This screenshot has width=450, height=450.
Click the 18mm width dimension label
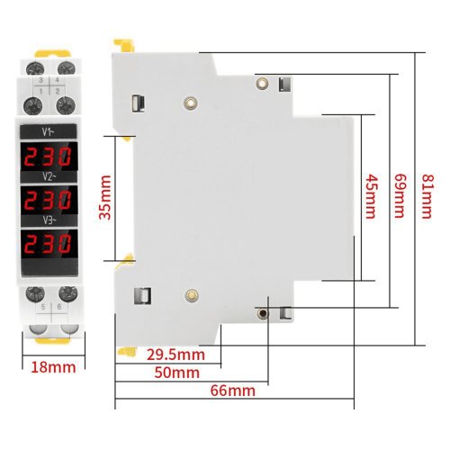coord(53,367)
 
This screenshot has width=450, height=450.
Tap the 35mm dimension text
coord(105,197)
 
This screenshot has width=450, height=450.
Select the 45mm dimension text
coord(371,196)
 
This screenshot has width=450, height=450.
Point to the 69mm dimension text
coord(400,195)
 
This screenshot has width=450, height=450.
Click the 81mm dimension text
coord(427,196)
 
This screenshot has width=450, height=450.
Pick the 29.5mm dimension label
coord(175,355)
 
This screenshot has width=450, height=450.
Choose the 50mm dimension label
coord(177,373)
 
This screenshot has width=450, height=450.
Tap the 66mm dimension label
coord(233,391)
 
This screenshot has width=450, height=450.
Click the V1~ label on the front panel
coord(48,132)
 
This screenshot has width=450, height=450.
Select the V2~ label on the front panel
coord(49,176)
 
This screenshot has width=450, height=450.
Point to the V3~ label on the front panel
coord(49,220)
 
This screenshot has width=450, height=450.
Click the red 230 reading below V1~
coord(48,157)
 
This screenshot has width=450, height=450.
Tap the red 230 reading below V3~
coord(48,244)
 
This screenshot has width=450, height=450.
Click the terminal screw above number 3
coord(35,68)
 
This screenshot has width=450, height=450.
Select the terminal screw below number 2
coord(66,105)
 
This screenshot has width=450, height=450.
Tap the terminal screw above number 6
coord(68,293)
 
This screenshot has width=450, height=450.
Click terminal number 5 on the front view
coord(43,307)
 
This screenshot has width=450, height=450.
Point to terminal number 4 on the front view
coord(57,80)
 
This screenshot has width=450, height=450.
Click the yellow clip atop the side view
coord(124,45)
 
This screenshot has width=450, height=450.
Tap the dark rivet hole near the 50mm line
coord(263,313)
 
